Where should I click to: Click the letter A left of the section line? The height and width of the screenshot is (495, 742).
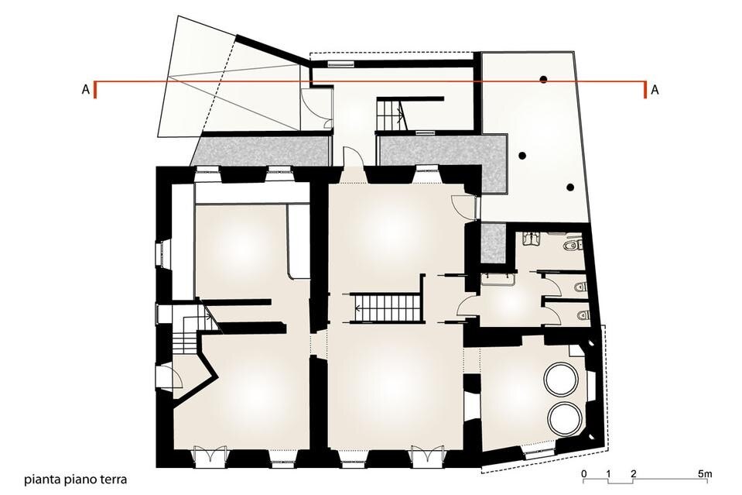86,90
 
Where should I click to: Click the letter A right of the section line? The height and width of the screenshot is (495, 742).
655,90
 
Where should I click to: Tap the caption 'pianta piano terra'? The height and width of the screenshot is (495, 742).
76,480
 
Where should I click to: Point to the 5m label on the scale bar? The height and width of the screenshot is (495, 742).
705,473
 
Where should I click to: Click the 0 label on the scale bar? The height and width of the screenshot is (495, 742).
584,473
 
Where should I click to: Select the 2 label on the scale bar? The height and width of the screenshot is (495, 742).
633,473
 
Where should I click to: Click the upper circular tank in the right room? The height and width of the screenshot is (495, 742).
562,379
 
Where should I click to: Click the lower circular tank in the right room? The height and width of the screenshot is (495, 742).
566,418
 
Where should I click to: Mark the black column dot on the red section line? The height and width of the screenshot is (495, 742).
544,80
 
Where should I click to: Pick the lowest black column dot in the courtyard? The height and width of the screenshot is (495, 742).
571,187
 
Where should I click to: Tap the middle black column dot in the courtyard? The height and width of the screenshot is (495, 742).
522,156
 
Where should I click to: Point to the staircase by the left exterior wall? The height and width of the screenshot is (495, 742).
186,329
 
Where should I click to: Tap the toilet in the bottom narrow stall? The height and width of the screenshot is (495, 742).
583,315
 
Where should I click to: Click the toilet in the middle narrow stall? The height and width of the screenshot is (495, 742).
580,287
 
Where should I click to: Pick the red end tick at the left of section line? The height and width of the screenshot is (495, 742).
95,90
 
